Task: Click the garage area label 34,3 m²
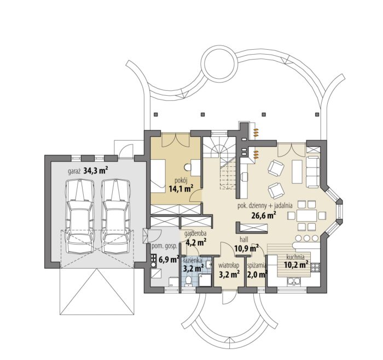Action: [96, 171]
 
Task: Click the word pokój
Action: [181, 181]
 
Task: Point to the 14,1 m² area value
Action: [181, 189]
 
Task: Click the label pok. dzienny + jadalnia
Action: [265, 206]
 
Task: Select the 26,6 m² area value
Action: [264, 215]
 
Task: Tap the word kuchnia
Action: [295, 257]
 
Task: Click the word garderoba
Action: [195, 234]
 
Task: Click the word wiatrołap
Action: [229, 265]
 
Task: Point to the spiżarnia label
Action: [257, 265]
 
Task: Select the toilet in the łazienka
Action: [188, 281]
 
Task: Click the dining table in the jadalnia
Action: [307, 216]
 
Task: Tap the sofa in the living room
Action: [313, 172]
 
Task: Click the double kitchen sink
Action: [293, 282]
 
